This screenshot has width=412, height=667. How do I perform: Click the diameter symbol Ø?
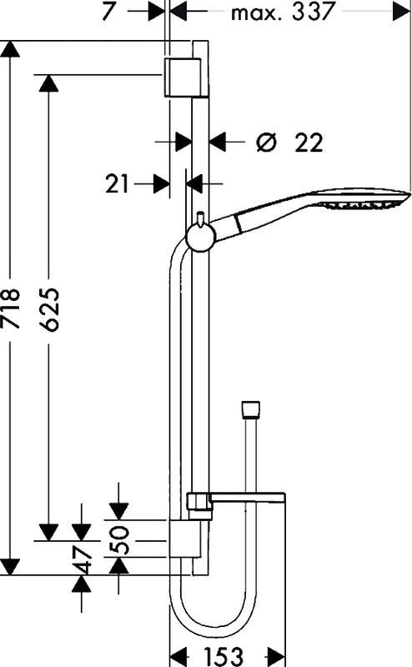click(265, 143)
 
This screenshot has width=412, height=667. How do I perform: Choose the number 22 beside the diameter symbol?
click(308, 143)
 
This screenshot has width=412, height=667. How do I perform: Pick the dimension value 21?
click(118, 183)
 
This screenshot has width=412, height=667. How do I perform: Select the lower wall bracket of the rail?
click(185, 540)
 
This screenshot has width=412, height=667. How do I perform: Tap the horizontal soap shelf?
click(246, 499)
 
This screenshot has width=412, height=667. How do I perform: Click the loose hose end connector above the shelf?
click(249, 410)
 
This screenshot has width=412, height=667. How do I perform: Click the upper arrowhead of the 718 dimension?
click(11, 50)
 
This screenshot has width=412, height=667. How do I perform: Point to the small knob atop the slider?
click(200, 218)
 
